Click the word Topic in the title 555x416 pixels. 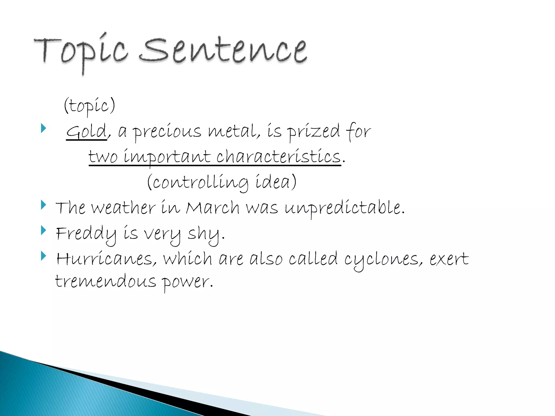pos(81,51)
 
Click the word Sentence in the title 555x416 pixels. pos(224,50)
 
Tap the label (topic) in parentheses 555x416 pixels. pos(90,106)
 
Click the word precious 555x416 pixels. pos(167,132)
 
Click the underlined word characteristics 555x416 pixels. pos(279,157)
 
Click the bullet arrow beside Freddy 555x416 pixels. pos(43,230)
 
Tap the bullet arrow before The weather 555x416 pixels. pos(43,205)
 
